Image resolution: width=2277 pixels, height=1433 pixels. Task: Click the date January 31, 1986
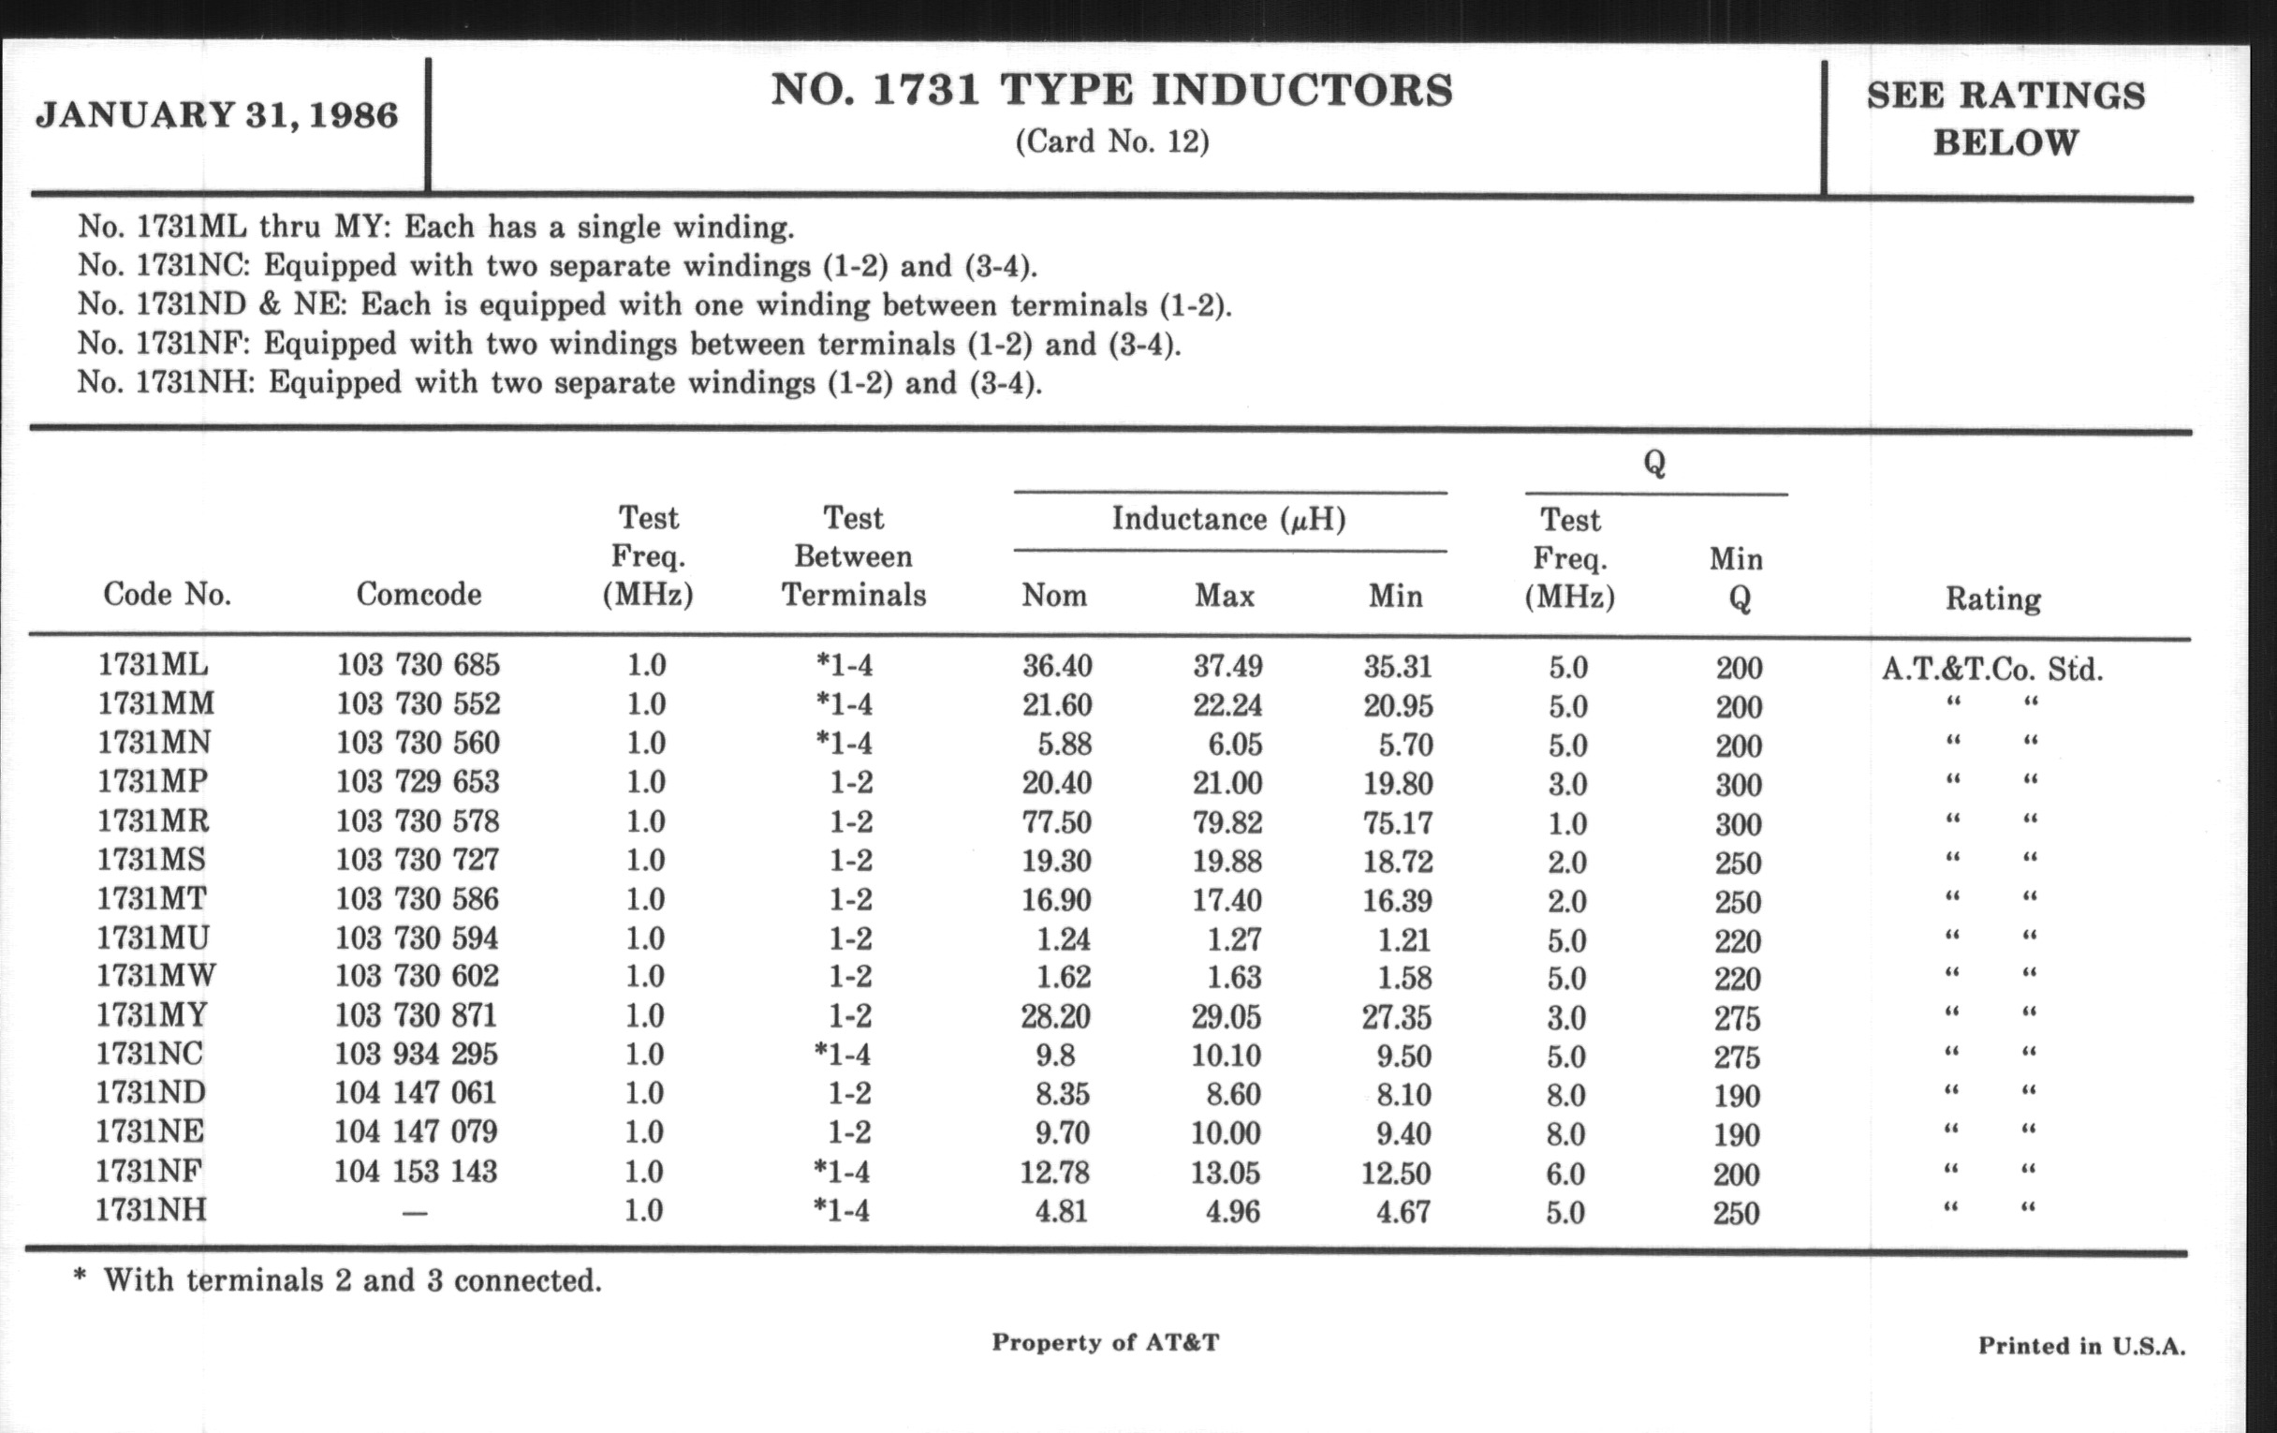216,116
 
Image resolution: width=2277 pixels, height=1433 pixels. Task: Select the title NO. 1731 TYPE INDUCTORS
1112,91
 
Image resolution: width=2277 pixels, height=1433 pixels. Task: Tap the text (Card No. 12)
1112,141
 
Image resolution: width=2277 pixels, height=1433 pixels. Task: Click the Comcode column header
418,594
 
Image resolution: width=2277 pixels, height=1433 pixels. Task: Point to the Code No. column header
168,594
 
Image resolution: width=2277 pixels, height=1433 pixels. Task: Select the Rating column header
1992,598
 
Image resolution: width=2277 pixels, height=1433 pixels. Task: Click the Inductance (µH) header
1228,519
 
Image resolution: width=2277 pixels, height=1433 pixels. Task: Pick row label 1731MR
153,820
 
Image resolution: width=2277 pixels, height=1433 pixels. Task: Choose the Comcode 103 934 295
416,1054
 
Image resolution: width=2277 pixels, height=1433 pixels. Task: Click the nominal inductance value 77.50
1056,822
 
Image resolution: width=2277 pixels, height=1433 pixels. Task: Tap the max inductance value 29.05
1227,1017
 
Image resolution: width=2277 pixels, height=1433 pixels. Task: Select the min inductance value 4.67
1403,1212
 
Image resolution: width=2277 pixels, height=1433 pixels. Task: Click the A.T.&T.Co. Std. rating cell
1991,669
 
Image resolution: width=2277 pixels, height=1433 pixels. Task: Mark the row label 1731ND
151,1092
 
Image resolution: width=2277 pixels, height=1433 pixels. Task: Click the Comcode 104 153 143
415,1172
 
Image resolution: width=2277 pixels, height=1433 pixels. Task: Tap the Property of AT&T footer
1106,1342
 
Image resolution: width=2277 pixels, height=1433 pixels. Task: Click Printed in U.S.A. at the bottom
2081,1346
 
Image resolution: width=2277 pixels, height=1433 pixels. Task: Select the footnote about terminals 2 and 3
338,1280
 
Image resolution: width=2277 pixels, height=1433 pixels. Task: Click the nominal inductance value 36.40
1056,666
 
